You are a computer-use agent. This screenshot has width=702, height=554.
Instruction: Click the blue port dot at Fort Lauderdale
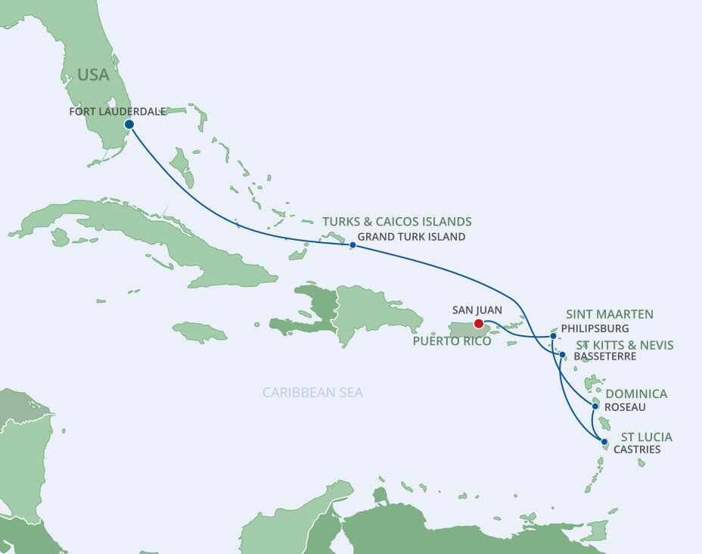pyautogui.click(x=129, y=124)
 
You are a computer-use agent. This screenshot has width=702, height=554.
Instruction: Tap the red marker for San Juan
pyautogui.click(x=478, y=324)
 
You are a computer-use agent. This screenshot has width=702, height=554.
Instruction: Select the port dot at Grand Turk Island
pyautogui.click(x=353, y=244)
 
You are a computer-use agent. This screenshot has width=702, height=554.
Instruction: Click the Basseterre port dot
pyautogui.click(x=562, y=354)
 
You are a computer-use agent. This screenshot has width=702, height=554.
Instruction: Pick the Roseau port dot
pyautogui.click(x=595, y=406)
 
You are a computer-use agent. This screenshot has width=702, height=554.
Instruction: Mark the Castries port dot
pyautogui.click(x=604, y=441)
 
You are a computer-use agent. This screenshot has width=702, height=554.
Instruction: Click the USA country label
pyautogui.click(x=93, y=75)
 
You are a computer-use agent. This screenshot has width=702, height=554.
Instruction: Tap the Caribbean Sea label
pyautogui.click(x=312, y=392)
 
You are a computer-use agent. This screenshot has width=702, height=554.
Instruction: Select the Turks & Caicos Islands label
pyautogui.click(x=396, y=222)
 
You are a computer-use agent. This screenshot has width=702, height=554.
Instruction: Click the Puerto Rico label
pyautogui.click(x=452, y=341)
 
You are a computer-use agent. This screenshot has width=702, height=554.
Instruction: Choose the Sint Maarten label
pyautogui.click(x=610, y=314)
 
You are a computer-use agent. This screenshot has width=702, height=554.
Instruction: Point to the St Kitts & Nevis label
pyautogui.click(x=620, y=345)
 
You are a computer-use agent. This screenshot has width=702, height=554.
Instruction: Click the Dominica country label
pyautogui.click(x=636, y=394)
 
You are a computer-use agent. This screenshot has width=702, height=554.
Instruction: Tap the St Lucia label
pyautogui.click(x=646, y=437)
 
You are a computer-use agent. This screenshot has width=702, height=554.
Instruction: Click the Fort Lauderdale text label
pyautogui.click(x=117, y=111)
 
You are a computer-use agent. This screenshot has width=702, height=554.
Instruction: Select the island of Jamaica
pyautogui.click(x=200, y=331)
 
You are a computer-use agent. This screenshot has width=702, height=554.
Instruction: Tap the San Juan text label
pyautogui.click(x=477, y=310)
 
